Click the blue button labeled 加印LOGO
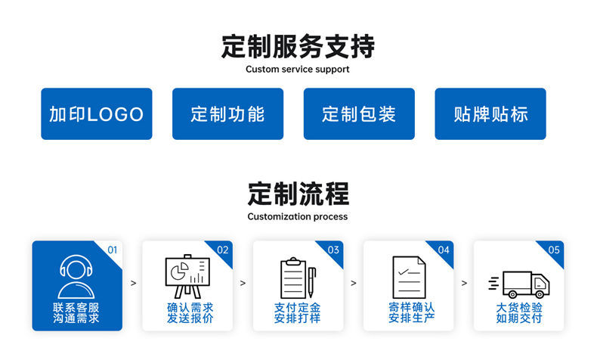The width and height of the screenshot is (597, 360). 96,114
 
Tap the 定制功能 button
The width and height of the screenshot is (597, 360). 227,114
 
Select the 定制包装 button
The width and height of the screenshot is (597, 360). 359,114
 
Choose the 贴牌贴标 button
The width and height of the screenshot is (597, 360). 490,114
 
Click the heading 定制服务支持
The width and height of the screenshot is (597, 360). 298,46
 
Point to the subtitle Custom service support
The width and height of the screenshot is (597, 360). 298,70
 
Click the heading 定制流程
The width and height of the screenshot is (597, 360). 298,194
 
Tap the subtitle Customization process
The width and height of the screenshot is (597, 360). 298,216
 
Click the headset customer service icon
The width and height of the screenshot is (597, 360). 76,277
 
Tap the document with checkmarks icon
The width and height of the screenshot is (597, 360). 408,277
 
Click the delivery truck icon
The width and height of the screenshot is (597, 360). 520,284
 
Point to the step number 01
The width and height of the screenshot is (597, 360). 113,250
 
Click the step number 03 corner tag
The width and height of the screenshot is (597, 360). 333,250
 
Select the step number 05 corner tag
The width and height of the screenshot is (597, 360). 554,250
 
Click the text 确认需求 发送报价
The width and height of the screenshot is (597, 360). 187,313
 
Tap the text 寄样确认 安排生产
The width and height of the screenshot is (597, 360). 408,313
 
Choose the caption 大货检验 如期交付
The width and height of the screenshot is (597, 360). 519,313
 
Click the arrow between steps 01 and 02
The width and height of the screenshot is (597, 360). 134,284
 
